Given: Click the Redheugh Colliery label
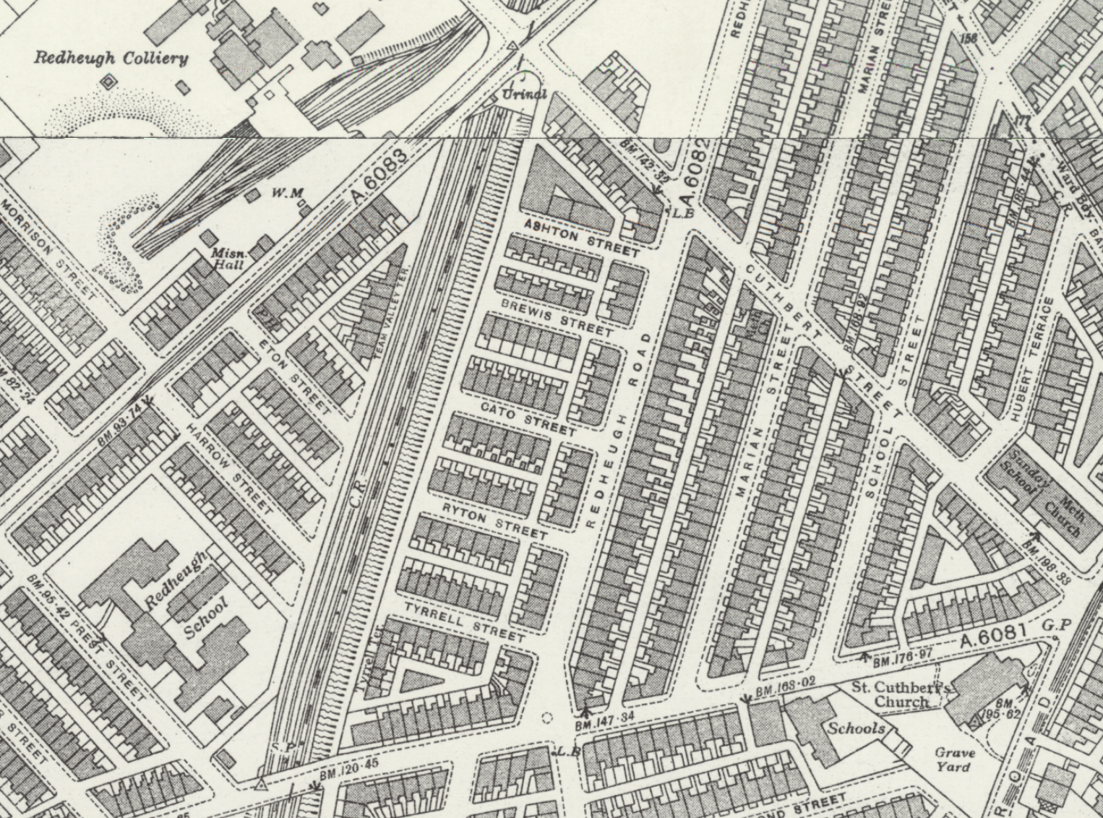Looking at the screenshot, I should (111, 58).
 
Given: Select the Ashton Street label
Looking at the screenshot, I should (580, 238).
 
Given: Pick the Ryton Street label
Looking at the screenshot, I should (494, 520).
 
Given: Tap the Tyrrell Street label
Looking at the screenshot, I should (463, 621).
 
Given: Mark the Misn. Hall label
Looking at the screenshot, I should (228, 259).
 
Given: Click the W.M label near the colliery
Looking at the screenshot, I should (287, 193).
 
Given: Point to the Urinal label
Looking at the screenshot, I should (524, 95).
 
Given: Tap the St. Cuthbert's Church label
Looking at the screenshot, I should (901, 694).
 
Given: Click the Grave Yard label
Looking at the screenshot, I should (955, 759).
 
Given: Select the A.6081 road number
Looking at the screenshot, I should (993, 637).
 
